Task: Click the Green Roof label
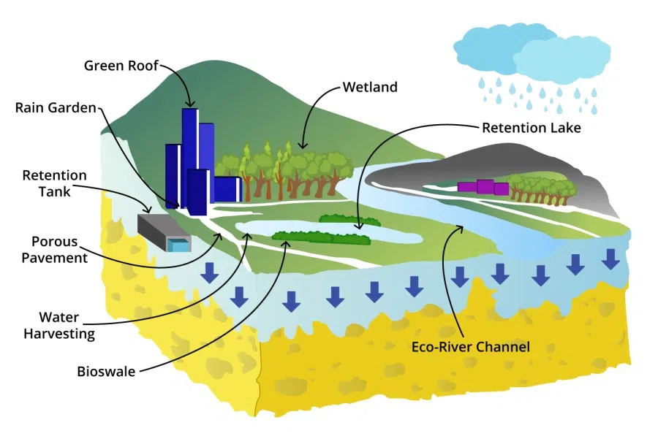pos(120,66)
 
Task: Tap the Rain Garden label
pos(56,108)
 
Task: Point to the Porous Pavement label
pos(59,249)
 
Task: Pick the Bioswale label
pos(107,370)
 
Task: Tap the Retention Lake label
pos(531,128)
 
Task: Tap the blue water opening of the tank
pos(177,246)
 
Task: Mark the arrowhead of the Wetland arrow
pos(303,148)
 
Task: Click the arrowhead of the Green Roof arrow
pos(191,107)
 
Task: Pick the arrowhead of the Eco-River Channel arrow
pos(461,228)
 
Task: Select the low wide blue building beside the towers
pos(227,189)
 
